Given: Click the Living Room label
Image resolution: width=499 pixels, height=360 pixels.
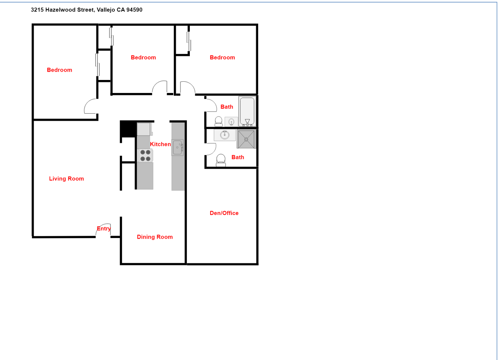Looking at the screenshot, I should tap(66, 179).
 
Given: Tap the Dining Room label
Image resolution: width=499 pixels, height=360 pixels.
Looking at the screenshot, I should tap(155, 237).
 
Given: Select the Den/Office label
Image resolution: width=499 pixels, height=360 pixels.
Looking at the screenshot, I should tap(224, 213).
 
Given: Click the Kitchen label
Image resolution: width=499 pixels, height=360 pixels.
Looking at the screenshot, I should tap(160, 144).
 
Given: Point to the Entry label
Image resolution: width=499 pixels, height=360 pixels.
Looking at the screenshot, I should tap(104, 229).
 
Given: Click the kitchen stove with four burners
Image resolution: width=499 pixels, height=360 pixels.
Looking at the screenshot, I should tap(145, 156).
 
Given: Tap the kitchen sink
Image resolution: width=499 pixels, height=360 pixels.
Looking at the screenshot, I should tap(177, 147).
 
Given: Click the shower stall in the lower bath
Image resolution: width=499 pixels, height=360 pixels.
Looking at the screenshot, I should tap(246, 139).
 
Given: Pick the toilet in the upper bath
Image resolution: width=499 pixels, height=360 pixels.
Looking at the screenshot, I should tap(218, 121).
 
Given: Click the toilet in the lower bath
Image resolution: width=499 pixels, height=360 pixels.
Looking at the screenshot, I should tap(221, 160).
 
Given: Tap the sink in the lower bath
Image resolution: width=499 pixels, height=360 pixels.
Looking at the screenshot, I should tap(224, 135).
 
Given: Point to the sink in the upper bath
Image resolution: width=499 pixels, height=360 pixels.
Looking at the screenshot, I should tap(231, 122).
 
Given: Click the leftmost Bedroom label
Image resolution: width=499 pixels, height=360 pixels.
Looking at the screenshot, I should tap(59, 70).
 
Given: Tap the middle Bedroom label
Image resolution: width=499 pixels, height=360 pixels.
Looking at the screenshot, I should tap(143, 57).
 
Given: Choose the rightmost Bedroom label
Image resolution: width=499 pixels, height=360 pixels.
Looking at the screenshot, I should tap(222, 57).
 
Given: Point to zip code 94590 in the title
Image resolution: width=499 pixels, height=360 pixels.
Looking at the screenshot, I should tap(134, 10).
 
